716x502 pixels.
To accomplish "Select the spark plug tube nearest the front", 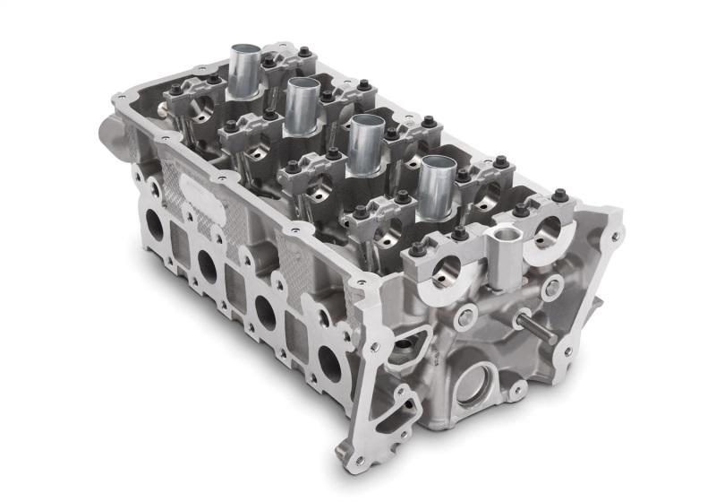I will [439, 184].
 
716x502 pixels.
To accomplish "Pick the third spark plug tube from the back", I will [367, 142].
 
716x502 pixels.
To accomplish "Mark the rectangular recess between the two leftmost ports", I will [180, 240].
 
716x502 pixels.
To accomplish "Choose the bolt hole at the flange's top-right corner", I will [615, 214].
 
